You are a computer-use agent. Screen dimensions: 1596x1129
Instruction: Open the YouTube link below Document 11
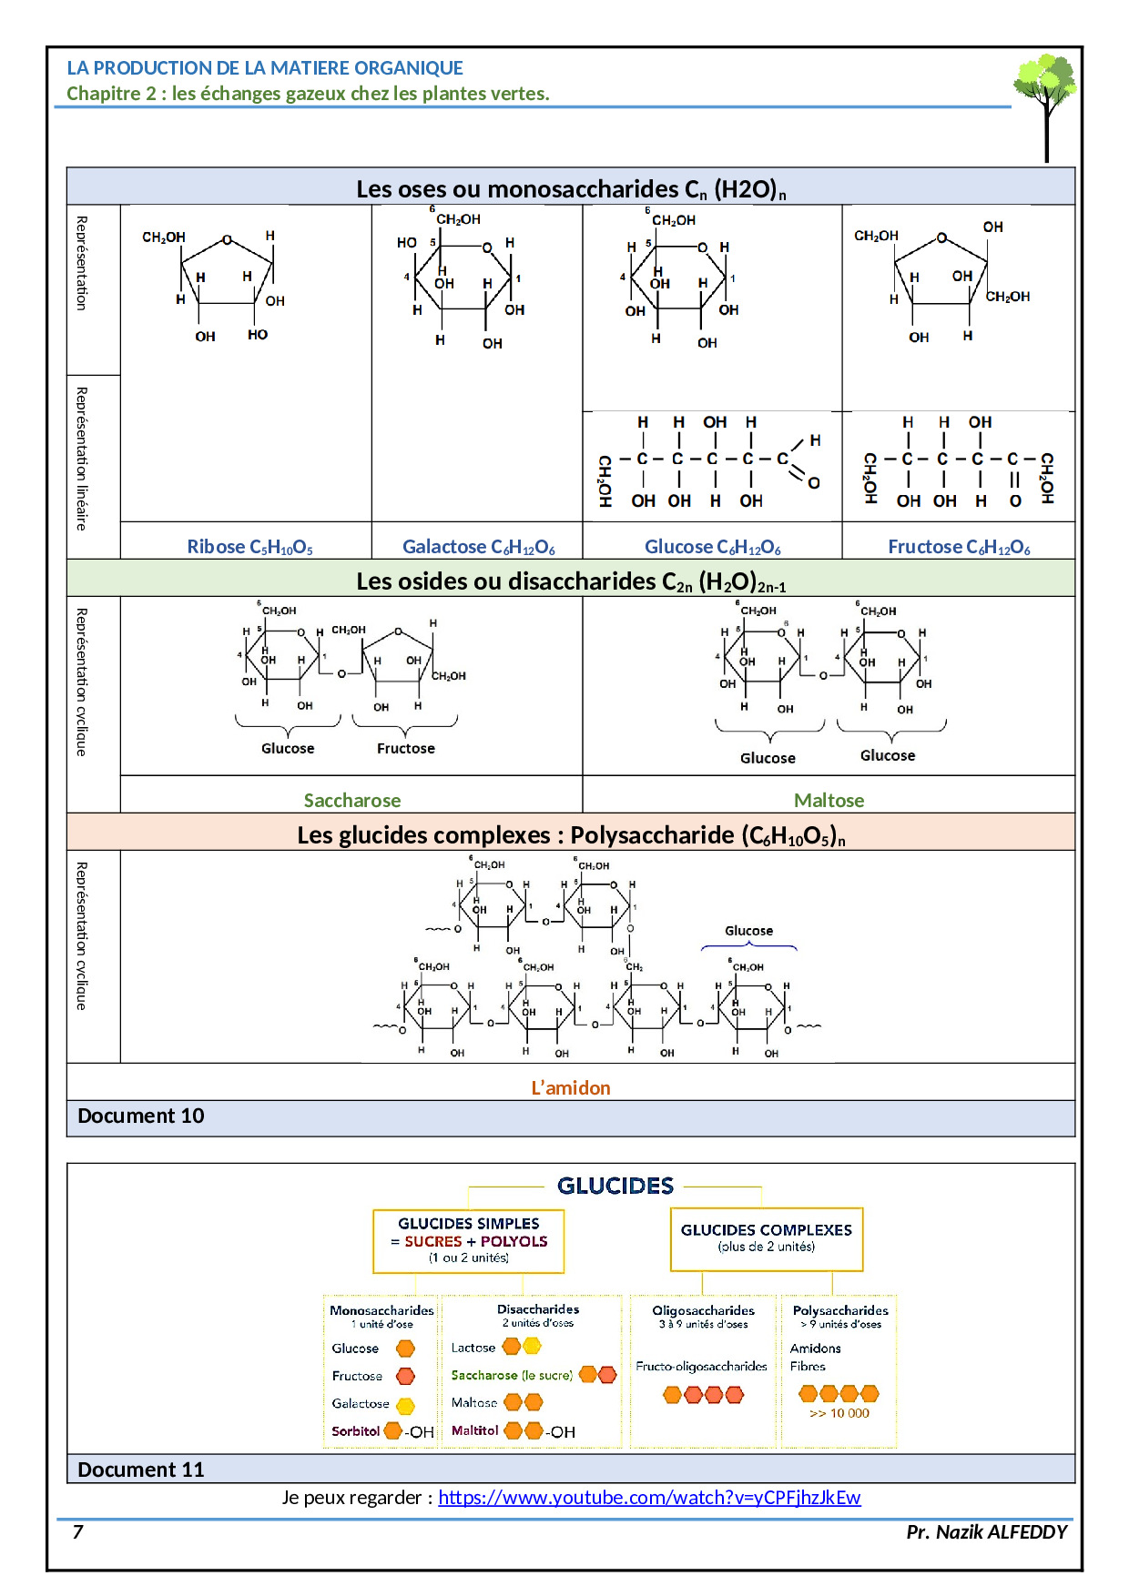tap(649, 1498)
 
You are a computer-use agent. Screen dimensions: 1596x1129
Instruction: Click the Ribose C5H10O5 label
tap(249, 547)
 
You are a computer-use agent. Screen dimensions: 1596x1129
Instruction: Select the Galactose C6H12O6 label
tap(479, 547)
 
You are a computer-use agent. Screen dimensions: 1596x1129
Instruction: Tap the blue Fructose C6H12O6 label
tap(959, 547)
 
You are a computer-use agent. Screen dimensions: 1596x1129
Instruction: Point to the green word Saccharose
tap(352, 801)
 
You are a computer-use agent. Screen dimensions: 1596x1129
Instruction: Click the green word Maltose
tap(829, 801)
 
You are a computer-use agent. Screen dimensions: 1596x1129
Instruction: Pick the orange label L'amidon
tap(571, 1088)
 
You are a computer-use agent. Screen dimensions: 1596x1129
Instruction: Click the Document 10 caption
tap(141, 1116)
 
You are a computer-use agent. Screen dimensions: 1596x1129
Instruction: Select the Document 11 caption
tap(141, 1470)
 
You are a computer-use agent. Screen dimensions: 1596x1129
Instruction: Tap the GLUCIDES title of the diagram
tap(615, 1186)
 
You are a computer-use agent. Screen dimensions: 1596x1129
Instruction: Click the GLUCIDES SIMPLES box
tap(469, 1240)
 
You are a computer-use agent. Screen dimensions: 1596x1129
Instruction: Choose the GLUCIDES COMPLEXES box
tap(767, 1238)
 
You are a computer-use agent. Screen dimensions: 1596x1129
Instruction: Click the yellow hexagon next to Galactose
tap(405, 1406)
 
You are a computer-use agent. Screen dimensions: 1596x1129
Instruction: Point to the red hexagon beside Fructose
tap(405, 1377)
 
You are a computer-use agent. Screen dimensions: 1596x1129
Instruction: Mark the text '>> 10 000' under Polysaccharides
tap(839, 1414)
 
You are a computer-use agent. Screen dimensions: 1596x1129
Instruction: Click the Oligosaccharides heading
tap(703, 1311)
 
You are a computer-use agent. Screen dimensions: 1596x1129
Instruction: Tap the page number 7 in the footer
tap(78, 1532)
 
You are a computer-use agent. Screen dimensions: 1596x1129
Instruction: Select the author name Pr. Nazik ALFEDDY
tap(986, 1532)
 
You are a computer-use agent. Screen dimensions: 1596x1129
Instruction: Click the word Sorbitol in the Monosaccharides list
tap(355, 1431)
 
